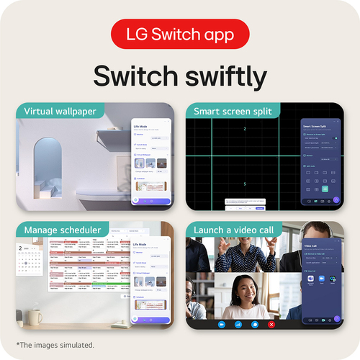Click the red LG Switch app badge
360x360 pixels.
[180, 34]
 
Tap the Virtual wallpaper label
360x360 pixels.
[60, 112]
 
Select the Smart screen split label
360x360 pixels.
[233, 112]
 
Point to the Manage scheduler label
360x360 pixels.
[61, 230]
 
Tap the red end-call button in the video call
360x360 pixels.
[271, 325]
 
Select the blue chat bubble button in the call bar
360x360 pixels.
[255, 325]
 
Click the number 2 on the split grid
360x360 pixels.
[244, 129]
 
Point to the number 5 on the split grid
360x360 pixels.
[244, 184]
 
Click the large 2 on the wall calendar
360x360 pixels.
[22, 251]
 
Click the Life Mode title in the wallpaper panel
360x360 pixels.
[143, 126]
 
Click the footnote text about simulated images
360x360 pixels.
[55, 345]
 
